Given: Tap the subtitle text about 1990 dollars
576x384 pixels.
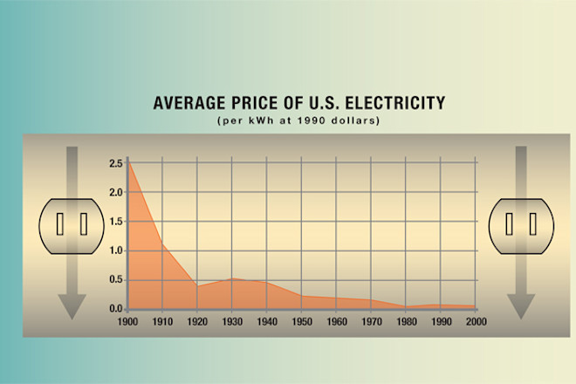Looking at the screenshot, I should click(298, 120).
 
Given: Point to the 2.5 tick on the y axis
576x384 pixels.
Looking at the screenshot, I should click(116, 164).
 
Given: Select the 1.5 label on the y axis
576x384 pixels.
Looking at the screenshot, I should click(116, 222).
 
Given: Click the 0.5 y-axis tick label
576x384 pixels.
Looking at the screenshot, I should click(116, 280).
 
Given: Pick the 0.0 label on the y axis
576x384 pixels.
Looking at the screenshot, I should click(116, 309).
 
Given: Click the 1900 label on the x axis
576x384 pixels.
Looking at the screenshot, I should click(128, 322).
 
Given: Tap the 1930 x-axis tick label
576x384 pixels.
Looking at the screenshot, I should click(232, 322).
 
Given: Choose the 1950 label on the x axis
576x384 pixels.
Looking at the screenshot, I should click(302, 322).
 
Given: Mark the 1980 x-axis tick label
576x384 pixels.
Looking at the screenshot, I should click(406, 322).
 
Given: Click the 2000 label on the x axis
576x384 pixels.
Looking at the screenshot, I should click(475, 322).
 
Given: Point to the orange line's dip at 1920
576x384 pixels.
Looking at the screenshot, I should click(198, 285).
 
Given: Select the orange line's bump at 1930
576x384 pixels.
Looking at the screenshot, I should click(232, 278).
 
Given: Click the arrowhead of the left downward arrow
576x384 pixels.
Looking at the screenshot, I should click(71, 306).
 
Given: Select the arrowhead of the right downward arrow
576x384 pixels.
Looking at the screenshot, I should click(521, 306).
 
